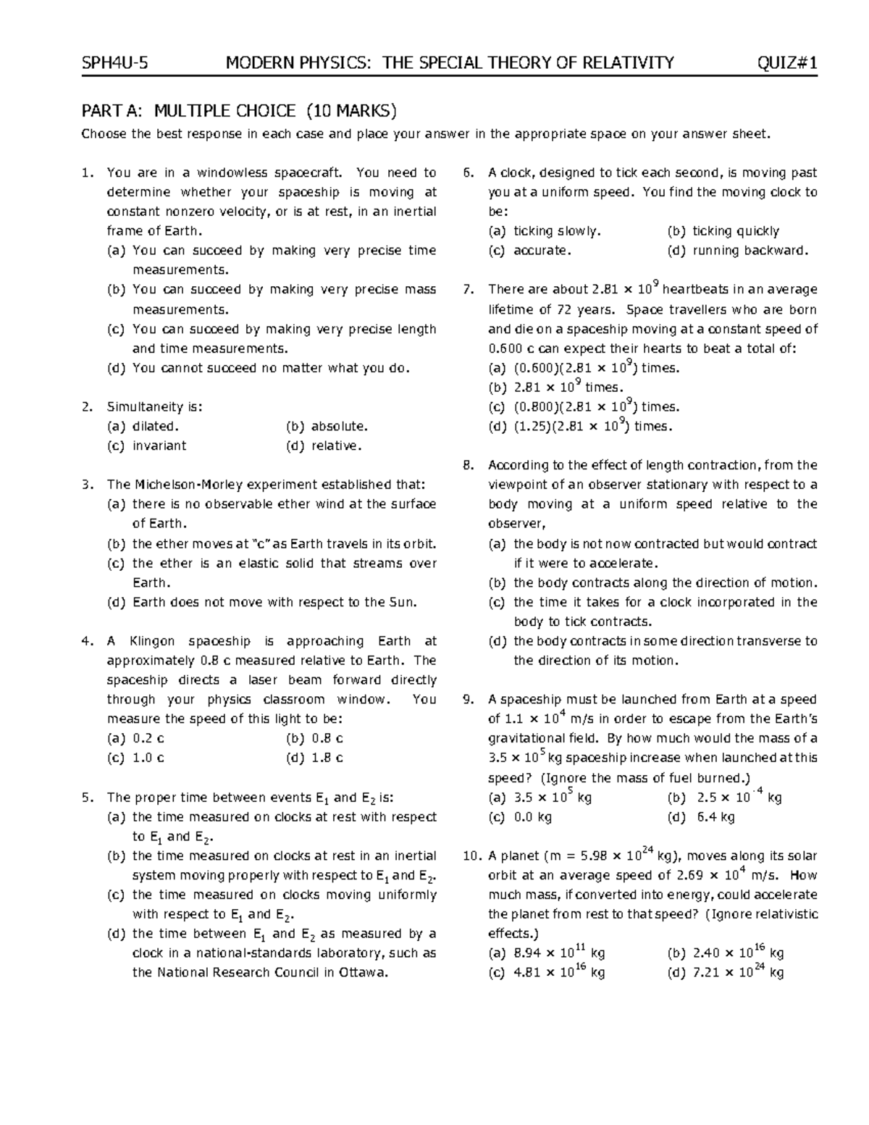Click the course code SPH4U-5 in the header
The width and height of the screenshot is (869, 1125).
114,63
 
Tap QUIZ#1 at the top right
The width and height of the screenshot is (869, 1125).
787,63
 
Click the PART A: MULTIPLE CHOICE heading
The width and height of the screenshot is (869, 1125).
239,111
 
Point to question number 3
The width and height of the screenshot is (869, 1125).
87,485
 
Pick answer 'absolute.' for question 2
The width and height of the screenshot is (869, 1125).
339,427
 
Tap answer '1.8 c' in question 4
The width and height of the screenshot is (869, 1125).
327,758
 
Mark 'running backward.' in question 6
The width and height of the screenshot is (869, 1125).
750,251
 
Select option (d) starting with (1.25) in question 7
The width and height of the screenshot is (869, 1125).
580,427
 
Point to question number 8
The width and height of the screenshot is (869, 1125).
468,465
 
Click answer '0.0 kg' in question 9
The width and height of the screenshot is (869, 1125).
532,817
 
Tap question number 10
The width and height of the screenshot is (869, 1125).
471,856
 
